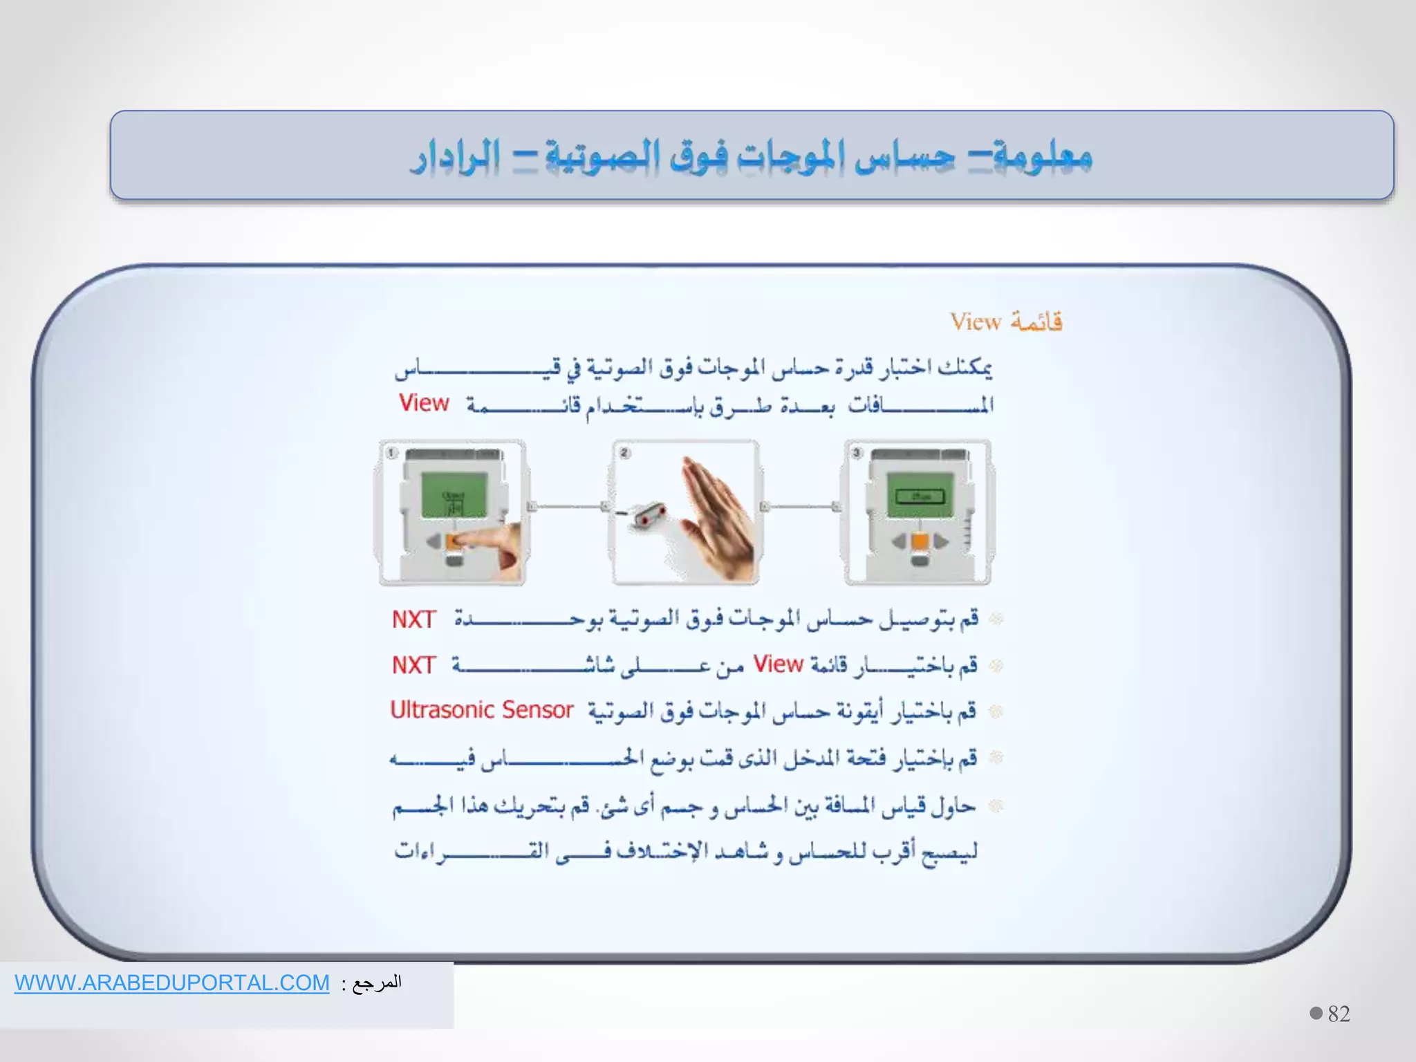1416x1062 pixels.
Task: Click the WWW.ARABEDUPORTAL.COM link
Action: tap(171, 982)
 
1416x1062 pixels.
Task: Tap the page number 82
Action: tap(1339, 1014)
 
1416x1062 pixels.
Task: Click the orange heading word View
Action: tap(975, 322)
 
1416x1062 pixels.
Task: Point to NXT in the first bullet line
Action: tap(413, 619)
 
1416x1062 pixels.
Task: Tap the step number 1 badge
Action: tap(391, 453)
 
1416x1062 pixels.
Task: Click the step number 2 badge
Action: tap(624, 453)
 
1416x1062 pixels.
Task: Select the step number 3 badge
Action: tap(857, 453)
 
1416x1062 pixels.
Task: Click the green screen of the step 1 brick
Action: tap(454, 495)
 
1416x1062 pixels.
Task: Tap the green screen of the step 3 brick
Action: tap(920, 495)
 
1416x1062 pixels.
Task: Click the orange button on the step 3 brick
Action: tap(920, 541)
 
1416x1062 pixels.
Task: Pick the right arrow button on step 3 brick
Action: tap(941, 541)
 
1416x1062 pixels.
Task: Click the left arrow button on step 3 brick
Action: tap(899, 541)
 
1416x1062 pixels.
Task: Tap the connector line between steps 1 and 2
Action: tap(568, 507)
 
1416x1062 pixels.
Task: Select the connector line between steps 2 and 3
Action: tap(801, 507)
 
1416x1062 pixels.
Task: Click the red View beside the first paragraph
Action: tap(424, 402)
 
